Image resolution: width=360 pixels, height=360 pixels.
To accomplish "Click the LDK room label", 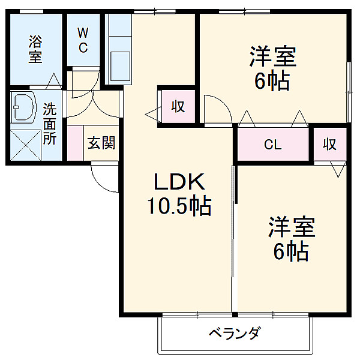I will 178,182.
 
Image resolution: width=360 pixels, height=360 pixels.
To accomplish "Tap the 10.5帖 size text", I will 179,206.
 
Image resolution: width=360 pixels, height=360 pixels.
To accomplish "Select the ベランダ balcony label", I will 235,332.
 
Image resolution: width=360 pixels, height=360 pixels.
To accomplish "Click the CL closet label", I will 273,145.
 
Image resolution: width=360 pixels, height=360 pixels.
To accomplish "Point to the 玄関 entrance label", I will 101,143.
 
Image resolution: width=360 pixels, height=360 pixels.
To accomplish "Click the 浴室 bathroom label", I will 35,49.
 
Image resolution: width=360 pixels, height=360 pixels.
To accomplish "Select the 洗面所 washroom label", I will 50,124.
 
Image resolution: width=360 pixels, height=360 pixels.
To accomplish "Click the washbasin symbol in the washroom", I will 24,107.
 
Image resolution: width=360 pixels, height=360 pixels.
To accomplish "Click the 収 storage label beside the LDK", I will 178,107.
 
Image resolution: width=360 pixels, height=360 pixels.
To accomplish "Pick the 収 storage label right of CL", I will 329,144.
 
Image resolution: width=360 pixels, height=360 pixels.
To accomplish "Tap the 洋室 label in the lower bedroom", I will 292,229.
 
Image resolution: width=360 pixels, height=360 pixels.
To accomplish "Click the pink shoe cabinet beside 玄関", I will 75,143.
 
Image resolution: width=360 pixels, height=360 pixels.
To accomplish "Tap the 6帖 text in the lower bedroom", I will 292,250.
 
